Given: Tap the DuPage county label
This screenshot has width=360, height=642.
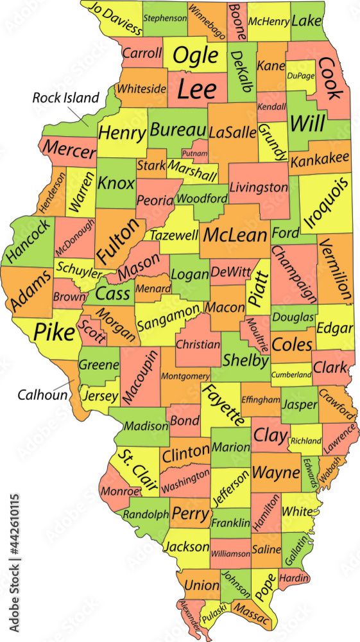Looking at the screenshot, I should click(x=301, y=76).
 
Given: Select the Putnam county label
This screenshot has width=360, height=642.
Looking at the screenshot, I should click(x=194, y=153).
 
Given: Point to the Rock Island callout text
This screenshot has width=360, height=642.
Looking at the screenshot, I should click(x=67, y=98).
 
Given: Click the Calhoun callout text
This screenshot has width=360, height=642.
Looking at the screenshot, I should click(x=43, y=395).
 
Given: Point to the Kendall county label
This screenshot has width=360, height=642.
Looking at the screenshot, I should click(x=271, y=105).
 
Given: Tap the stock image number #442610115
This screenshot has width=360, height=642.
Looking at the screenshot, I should click(x=15, y=538).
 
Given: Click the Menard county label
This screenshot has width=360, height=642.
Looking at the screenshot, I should click(x=153, y=289).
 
